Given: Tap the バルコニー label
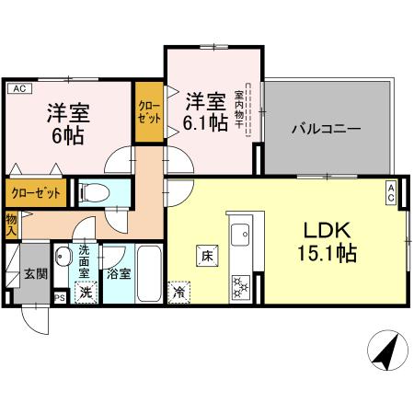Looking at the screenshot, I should pos(327,128).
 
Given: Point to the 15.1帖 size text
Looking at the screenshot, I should pos(321,251).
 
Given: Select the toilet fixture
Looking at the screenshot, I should pos(92,193).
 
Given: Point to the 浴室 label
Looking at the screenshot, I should pos(117,274).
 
